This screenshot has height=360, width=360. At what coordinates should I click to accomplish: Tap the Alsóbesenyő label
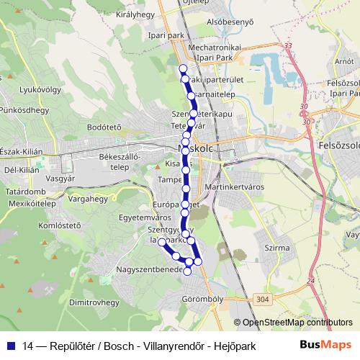click(x=230, y=22)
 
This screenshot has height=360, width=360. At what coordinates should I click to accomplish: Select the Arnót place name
click(x=344, y=62)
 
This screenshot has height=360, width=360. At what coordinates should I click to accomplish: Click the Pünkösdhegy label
click(x=24, y=110)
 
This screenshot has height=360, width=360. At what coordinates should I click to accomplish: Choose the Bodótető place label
click(x=102, y=127)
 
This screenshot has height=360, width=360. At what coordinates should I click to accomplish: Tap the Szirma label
click(x=277, y=248)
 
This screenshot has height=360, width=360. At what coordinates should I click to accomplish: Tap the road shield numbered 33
click(x=289, y=46)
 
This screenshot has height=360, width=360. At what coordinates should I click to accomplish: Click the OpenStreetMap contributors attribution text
click(x=293, y=323)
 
